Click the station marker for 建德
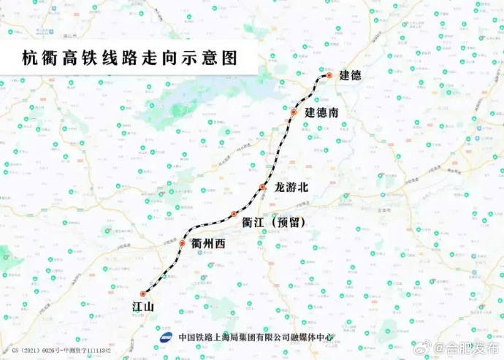click(x=329, y=75)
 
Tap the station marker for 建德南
click(x=294, y=112)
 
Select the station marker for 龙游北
click(x=262, y=188)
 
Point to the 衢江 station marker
click(x=234, y=214)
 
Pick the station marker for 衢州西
click(x=183, y=243)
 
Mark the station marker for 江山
click(x=143, y=294)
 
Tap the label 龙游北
click(x=291, y=188)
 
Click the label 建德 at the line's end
click(x=351, y=76)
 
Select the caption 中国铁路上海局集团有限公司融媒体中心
click(x=256, y=337)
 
